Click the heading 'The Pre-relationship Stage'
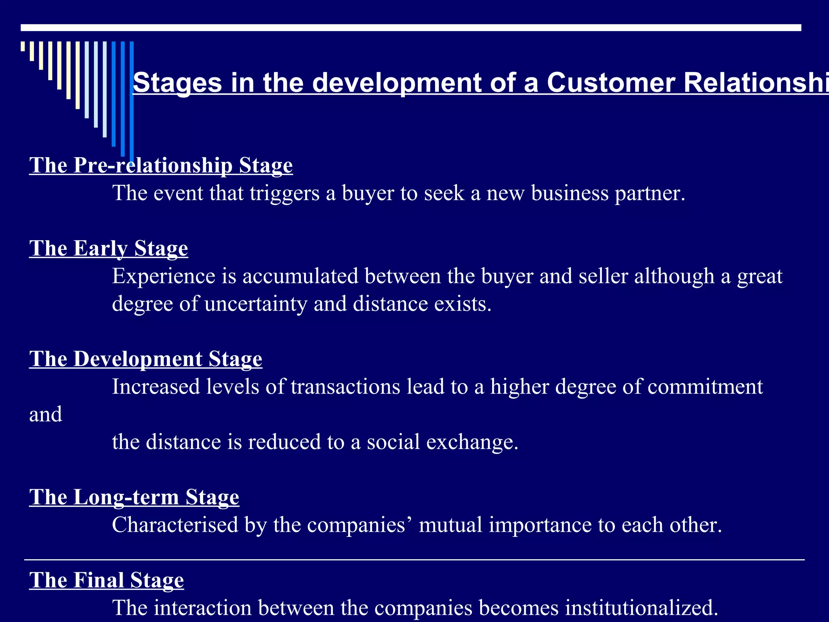pos(161,165)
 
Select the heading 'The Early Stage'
pos(108,248)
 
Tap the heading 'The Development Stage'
pos(146,359)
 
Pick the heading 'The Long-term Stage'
pos(134,497)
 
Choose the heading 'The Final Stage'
pos(106,580)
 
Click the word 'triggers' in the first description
pos(285,193)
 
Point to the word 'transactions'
pos(345,387)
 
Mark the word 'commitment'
pos(705,387)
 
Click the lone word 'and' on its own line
pos(46,414)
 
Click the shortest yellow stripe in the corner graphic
pos(23,46)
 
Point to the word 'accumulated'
pos(300,276)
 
